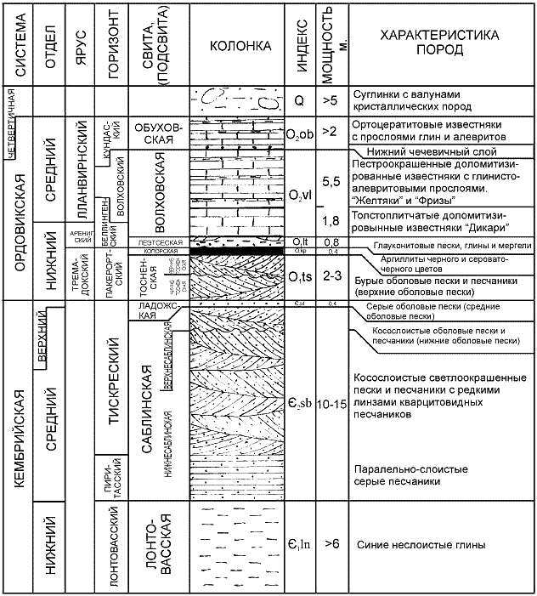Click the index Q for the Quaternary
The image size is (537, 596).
297,99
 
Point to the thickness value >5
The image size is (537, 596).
331,99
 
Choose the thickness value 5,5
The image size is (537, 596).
332,180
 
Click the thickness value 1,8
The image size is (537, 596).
332,220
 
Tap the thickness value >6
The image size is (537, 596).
331,544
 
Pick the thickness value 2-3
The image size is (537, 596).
332,276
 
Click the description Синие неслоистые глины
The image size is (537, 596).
421,545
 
